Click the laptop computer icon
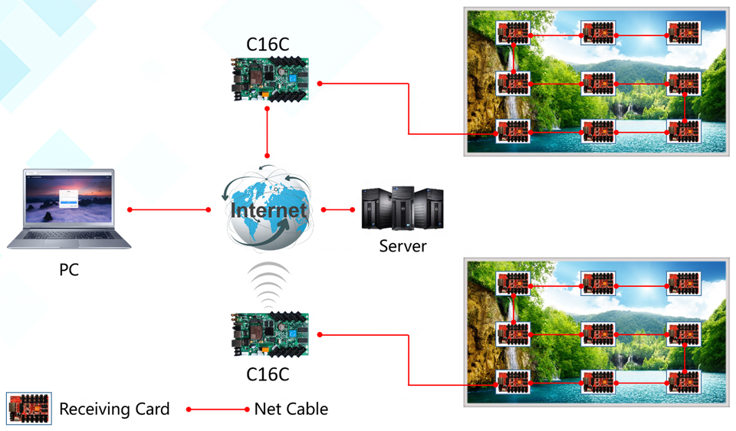pyautogui.click(x=69, y=209)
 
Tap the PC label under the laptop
pyautogui.click(x=69, y=270)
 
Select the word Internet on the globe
pyautogui.click(x=268, y=210)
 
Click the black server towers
pyautogui.click(x=402, y=209)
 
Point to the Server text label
pyautogui.click(x=402, y=246)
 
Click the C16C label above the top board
pyautogui.click(x=268, y=44)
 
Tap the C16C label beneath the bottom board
pyautogui.click(x=268, y=375)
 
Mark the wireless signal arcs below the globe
pyautogui.click(x=268, y=285)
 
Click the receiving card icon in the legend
pyautogui.click(x=28, y=408)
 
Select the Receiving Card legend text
pyautogui.click(x=114, y=409)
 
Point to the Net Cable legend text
pyautogui.click(x=291, y=409)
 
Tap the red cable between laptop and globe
pyautogui.click(x=169, y=209)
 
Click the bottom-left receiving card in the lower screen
pyautogui.click(x=513, y=382)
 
